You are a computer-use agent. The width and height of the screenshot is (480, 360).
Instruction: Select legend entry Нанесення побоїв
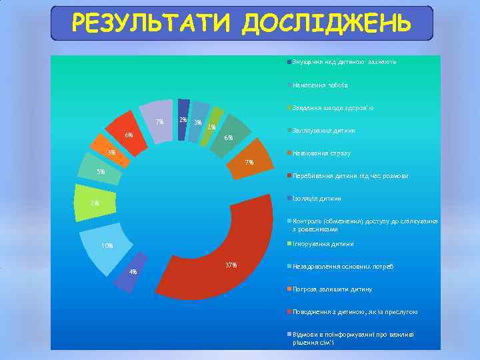point(319,85)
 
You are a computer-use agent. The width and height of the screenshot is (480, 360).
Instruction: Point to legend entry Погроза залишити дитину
point(332,289)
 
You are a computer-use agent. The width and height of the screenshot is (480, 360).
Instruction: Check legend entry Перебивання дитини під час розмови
point(350,176)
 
